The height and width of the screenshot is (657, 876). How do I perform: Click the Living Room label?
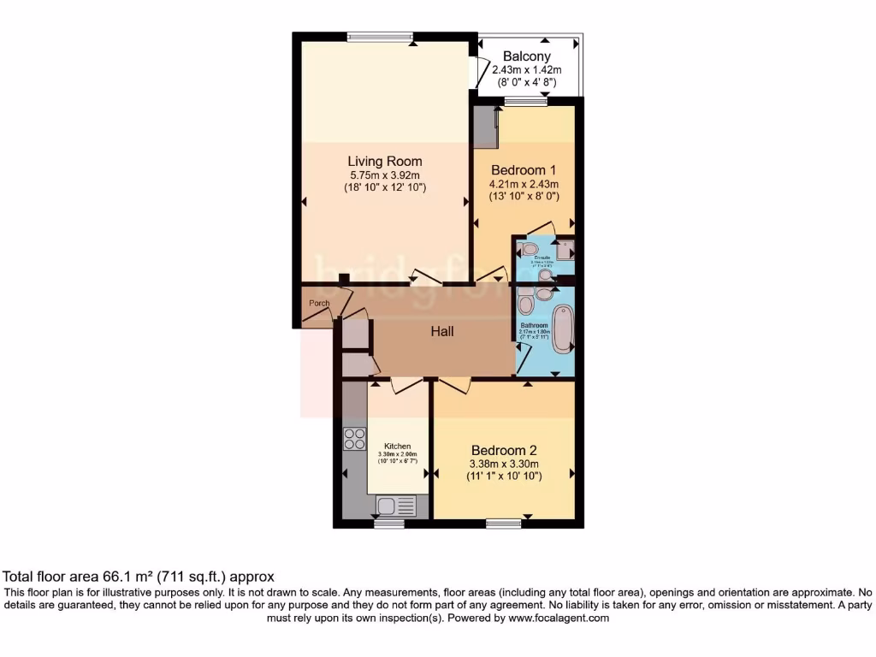[x=384, y=161]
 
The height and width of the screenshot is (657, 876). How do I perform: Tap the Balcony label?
[x=532, y=56]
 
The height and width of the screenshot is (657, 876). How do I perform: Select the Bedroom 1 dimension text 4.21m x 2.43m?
[x=524, y=184]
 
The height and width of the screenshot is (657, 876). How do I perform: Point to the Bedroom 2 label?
[x=504, y=450]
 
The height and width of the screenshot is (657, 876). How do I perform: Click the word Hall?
[x=442, y=332]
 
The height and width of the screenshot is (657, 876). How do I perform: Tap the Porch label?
[x=319, y=304]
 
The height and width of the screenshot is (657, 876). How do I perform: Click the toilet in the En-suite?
[x=530, y=248]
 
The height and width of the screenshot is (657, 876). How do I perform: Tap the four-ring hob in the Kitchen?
[x=354, y=439]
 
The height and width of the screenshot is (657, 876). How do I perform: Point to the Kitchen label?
[x=397, y=447]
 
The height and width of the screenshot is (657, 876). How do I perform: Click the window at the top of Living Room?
[x=381, y=36]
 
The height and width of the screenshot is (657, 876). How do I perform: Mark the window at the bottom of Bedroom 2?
[x=503, y=523]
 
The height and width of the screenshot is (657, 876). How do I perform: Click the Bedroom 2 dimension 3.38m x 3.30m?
[x=504, y=464]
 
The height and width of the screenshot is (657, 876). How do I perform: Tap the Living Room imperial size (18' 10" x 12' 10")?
[x=384, y=186]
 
